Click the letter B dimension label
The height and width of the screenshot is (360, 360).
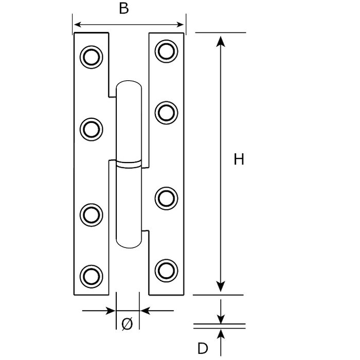point(124,10)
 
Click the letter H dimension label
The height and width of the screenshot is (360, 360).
point(238,160)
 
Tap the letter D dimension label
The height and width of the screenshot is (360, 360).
point(203,348)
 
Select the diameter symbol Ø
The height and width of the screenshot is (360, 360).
point(128,324)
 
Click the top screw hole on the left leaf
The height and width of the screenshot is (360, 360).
point(91,57)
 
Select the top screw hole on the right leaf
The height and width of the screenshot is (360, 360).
point(165,50)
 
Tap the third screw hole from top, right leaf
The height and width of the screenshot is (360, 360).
point(165,197)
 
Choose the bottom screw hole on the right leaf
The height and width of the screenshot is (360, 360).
point(165,268)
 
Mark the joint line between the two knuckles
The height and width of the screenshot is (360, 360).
point(128,165)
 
